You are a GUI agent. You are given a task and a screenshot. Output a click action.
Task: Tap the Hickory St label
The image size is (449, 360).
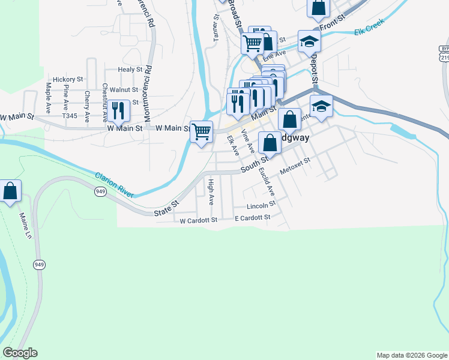click(x=68, y=79)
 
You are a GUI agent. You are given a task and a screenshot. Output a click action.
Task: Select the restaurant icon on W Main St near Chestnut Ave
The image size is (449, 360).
click(x=119, y=110)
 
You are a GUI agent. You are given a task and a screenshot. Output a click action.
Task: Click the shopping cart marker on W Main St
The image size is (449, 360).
click(x=202, y=131)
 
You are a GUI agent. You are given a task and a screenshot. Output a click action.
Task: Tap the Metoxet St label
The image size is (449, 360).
click(x=295, y=167)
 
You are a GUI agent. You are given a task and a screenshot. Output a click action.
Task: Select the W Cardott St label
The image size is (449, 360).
click(x=198, y=220)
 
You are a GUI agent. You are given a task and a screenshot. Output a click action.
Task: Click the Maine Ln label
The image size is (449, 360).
click(x=25, y=224)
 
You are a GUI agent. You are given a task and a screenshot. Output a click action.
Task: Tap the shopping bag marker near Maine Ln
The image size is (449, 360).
click(x=10, y=191)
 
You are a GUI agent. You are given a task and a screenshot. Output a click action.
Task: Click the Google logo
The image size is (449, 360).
click(x=20, y=353)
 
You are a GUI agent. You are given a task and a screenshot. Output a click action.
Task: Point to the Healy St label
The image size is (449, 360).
click(x=130, y=70)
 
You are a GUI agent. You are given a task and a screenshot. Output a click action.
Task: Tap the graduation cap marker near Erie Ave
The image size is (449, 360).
click(x=309, y=41)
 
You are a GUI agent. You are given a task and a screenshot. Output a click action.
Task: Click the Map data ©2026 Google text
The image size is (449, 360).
click(x=412, y=355)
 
